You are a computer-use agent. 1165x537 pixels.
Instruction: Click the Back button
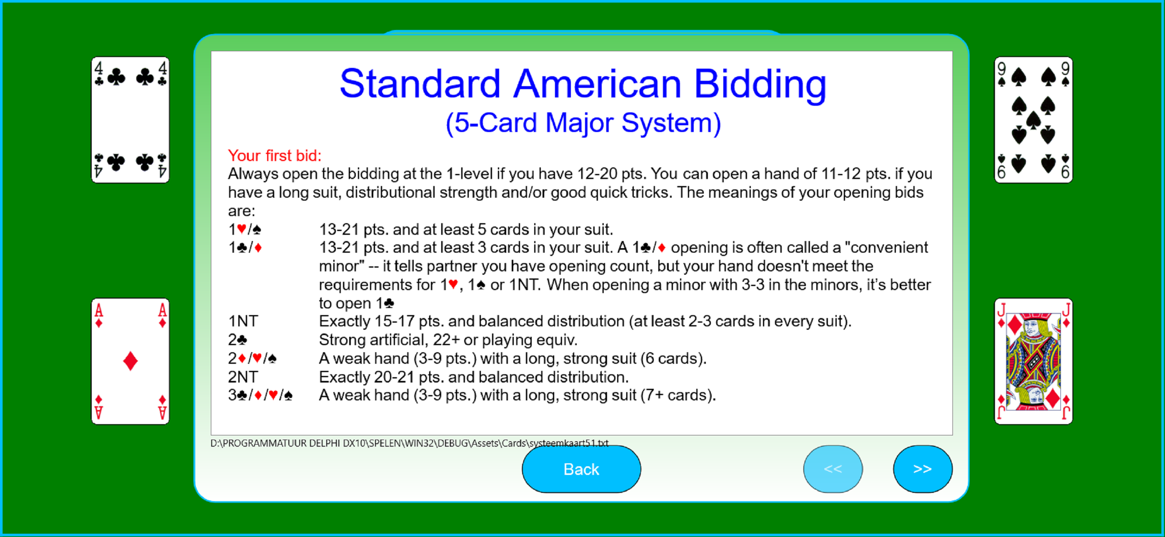[x=581, y=469]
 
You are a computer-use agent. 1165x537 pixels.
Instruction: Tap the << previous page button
[x=832, y=469]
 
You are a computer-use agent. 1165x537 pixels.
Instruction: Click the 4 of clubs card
[x=130, y=120]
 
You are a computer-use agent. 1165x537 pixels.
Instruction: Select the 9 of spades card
[x=1033, y=120]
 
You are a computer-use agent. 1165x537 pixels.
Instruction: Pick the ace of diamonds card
[x=130, y=361]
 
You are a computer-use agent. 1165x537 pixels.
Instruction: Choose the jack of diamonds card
[x=1033, y=361]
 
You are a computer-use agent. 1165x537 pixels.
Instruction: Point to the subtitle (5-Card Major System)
[x=583, y=123]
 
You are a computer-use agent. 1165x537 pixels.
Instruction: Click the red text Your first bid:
[x=275, y=156]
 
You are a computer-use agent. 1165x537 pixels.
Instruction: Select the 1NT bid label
[x=243, y=321]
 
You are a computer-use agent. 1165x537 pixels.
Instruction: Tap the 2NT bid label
[x=243, y=377]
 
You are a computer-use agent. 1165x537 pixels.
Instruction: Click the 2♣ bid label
[x=237, y=340]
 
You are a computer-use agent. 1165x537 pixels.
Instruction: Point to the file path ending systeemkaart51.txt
[x=409, y=443]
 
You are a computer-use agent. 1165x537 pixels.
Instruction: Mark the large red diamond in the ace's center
[x=130, y=361]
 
